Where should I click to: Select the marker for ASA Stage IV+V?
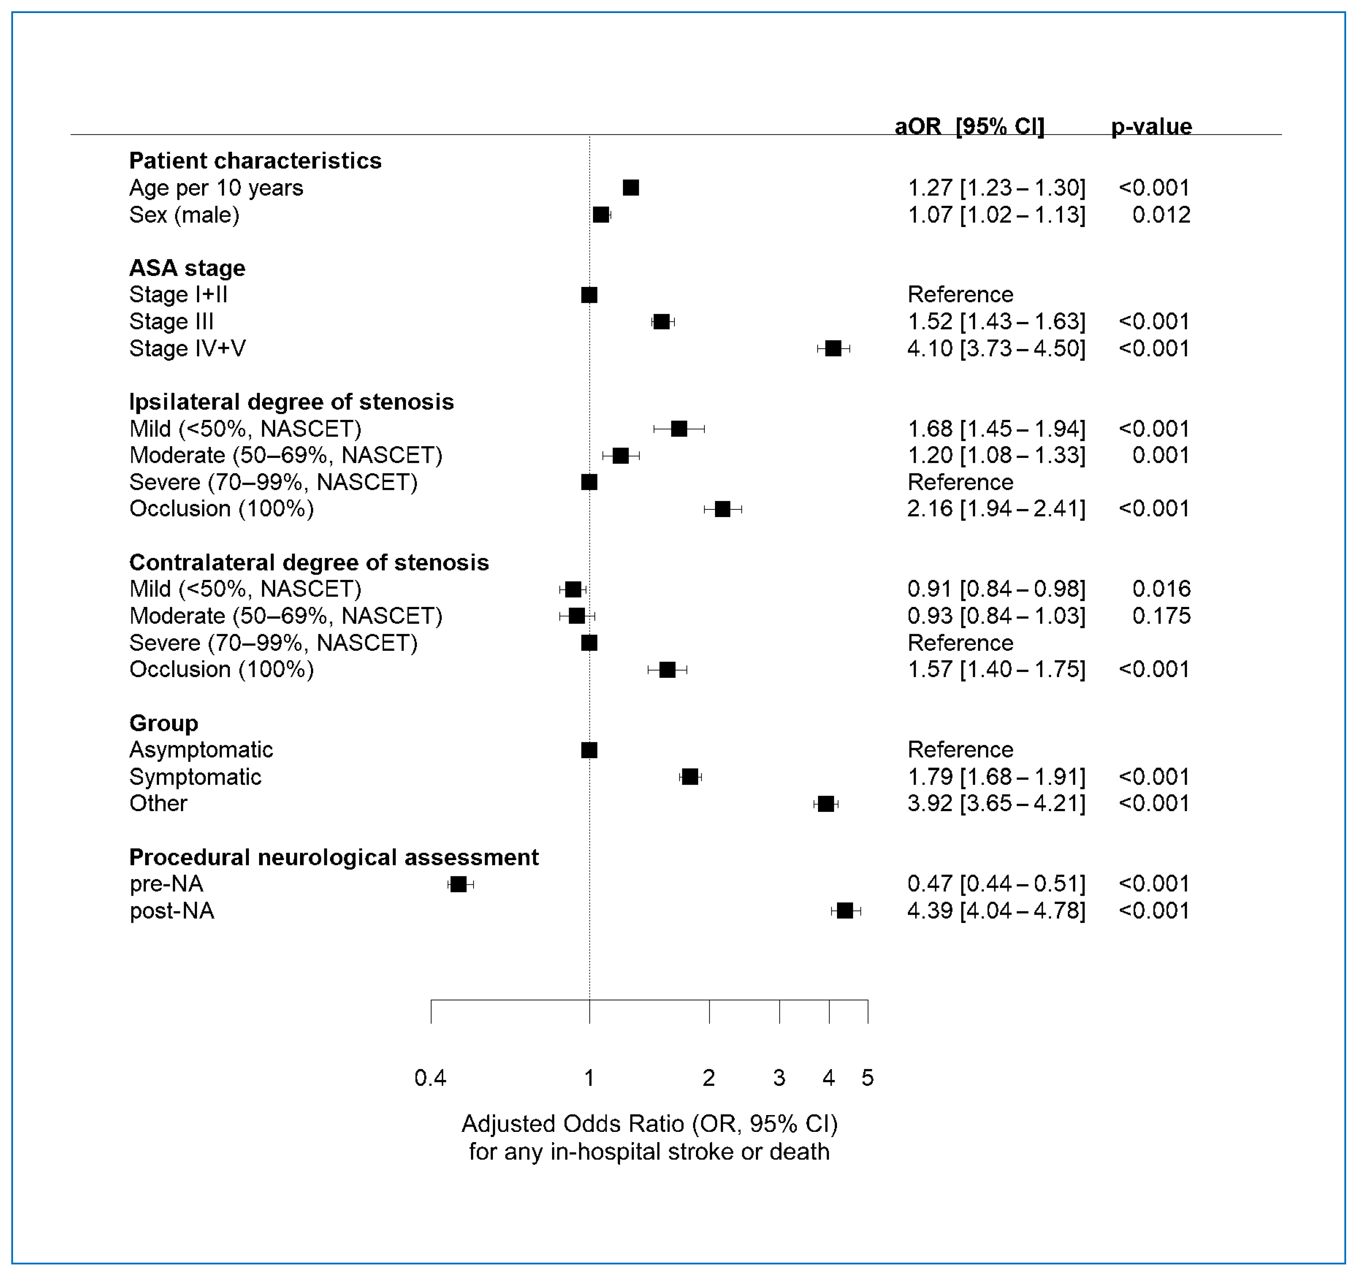coord(833,348)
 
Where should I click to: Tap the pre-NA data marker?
coord(458,884)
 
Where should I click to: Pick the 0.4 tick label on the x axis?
coord(430,1078)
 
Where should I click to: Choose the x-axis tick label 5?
coord(868,1078)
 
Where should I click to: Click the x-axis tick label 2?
coord(709,1078)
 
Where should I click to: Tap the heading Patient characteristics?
coord(255,161)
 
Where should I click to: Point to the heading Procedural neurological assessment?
coord(334,857)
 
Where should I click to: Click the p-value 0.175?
coord(1161,616)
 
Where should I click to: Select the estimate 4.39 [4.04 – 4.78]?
coord(996,911)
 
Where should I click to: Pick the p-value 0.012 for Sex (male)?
coord(1161,215)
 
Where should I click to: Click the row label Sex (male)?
coord(184,215)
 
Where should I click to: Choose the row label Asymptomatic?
coord(201,750)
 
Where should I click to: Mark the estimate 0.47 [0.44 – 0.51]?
coord(996,884)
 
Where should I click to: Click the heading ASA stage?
coord(187,268)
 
